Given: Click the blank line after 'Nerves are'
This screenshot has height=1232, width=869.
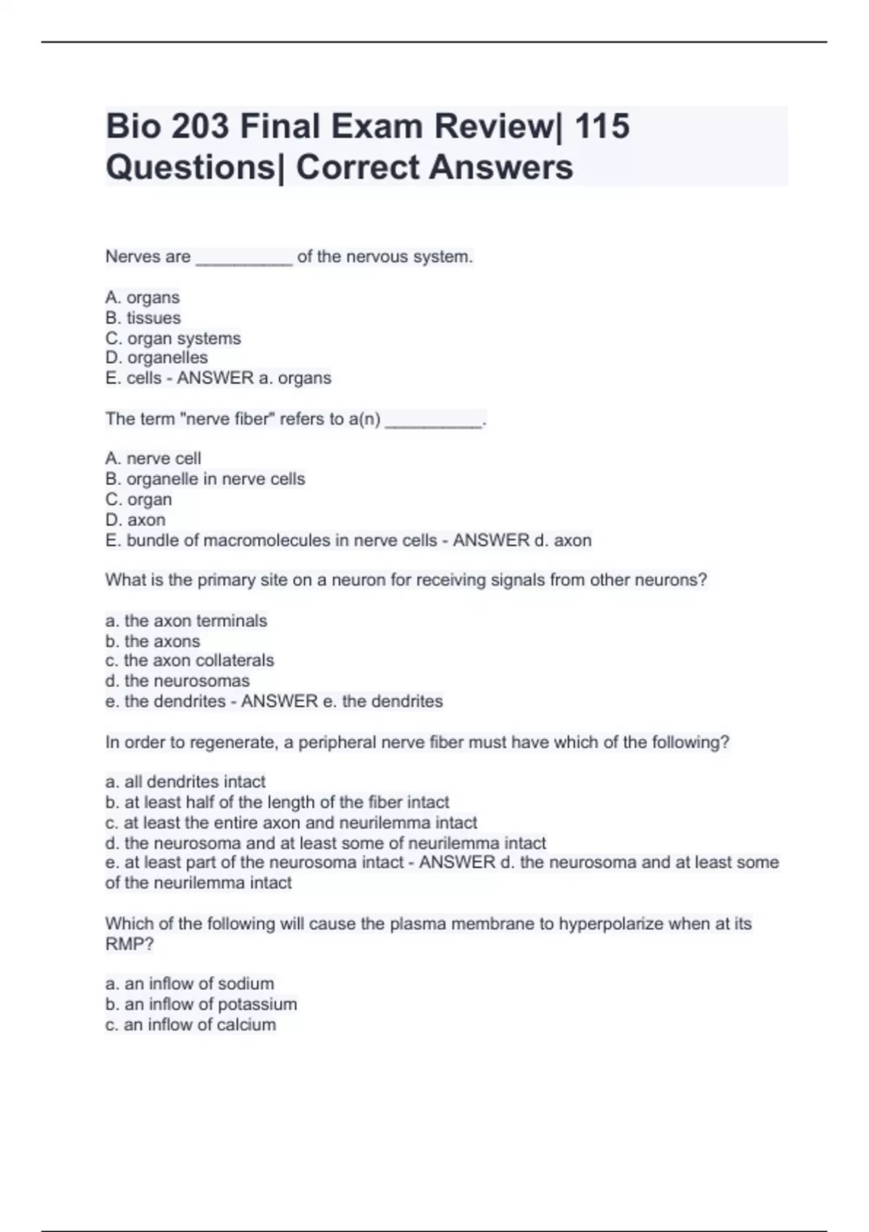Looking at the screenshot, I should pyautogui.click(x=244, y=258).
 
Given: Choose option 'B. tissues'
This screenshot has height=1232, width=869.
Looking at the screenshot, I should pyautogui.click(x=143, y=317).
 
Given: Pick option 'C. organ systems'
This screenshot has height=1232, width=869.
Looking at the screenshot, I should pyautogui.click(x=173, y=338).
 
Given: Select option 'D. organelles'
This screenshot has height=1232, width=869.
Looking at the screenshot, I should pyautogui.click(x=156, y=358).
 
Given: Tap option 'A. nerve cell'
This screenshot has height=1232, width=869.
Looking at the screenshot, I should pyautogui.click(x=153, y=459).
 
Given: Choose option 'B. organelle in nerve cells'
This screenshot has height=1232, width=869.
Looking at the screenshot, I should pyautogui.click(x=205, y=479).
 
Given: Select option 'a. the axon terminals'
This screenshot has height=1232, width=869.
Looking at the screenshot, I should pyautogui.click(x=186, y=621).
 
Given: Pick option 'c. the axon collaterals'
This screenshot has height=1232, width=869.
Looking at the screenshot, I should pyautogui.click(x=190, y=661).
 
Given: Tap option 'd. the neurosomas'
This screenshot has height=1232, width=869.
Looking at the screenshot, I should pyautogui.click(x=177, y=681).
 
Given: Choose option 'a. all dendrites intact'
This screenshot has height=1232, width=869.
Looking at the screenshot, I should pyautogui.click(x=185, y=782).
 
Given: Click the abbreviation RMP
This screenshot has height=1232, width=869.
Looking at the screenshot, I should pyautogui.click(x=125, y=944).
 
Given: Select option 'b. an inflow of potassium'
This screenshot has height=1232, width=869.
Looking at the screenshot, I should pyautogui.click(x=201, y=1004).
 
